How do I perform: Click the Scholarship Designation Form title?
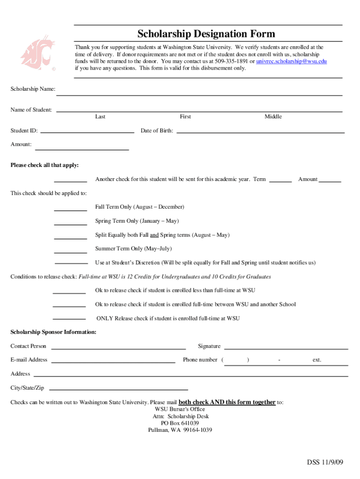[x=206, y=34]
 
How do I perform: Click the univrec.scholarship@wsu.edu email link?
[x=291, y=61]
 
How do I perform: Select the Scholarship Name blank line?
[x=199, y=94]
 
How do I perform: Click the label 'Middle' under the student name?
[x=273, y=116]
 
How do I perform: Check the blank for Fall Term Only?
[x=71, y=210]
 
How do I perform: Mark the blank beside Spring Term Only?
[x=71, y=224]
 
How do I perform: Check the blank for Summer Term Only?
[x=71, y=252]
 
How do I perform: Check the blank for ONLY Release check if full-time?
[x=69, y=319]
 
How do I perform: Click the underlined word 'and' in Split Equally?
[x=154, y=235]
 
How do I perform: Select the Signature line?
[x=286, y=348]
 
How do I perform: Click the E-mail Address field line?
[x=113, y=362]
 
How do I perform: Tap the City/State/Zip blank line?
[x=118, y=389]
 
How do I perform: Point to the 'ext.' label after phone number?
[x=317, y=360]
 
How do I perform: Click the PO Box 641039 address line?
[x=180, y=423]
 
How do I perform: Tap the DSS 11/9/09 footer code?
[x=325, y=463]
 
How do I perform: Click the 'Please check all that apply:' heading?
[x=45, y=165]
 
